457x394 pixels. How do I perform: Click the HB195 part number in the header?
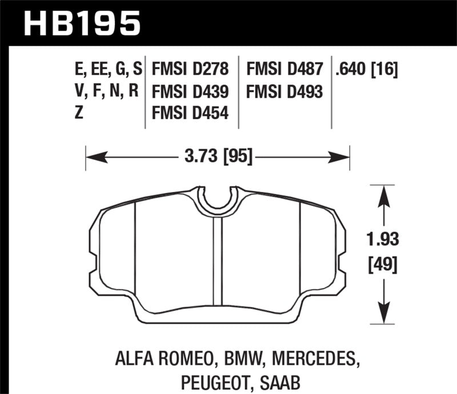(81, 23)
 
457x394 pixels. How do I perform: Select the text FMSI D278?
(190, 70)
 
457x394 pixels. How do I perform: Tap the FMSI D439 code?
(190, 91)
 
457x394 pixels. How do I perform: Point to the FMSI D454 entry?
(190, 113)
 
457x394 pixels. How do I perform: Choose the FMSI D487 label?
(284, 70)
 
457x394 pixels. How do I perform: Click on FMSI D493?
(284, 91)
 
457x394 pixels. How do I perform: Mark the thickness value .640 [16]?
(367, 70)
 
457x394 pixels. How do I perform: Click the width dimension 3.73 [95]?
(218, 155)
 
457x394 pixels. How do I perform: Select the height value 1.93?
(383, 239)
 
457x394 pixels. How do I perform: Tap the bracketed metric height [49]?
(383, 265)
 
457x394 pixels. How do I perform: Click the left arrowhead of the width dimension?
(91, 155)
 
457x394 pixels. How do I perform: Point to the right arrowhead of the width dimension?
(343, 155)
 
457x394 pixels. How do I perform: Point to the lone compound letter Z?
(78, 113)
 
